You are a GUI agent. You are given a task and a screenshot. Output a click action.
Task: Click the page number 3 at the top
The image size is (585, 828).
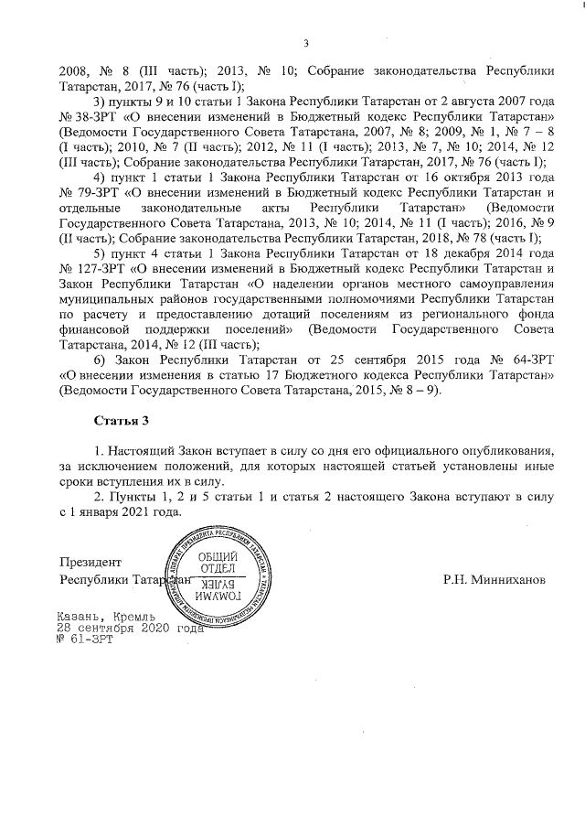(306, 43)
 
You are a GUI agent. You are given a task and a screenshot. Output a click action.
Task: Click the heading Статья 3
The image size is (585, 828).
(120, 420)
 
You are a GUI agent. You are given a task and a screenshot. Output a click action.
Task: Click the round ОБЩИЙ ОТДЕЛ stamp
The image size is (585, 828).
(218, 575)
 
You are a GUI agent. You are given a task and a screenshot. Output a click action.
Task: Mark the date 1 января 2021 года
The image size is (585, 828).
(122, 512)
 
